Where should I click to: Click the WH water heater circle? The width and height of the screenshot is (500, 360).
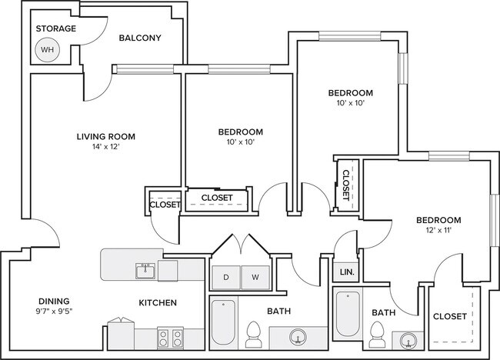(x=47, y=50)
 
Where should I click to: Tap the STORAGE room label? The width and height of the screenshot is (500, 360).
(x=56, y=28)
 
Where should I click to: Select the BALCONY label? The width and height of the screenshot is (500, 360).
(x=140, y=38)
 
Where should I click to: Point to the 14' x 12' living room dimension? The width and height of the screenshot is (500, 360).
(x=106, y=147)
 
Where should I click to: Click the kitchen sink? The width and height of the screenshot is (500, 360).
(x=145, y=271)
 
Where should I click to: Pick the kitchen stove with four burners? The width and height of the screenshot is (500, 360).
(x=170, y=338)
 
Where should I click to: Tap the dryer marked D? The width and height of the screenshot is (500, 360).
(x=225, y=278)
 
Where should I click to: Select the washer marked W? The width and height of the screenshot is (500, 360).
(x=255, y=278)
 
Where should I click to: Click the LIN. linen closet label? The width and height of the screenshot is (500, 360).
(x=347, y=272)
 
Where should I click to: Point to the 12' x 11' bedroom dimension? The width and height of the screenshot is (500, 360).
(x=438, y=230)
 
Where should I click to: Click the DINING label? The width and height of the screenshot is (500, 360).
(x=54, y=301)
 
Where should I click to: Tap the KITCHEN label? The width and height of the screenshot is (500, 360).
(x=158, y=302)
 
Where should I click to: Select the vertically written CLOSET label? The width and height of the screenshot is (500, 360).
(x=346, y=185)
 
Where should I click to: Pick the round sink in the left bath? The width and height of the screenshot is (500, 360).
(x=298, y=338)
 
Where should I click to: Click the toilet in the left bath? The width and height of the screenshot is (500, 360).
(x=254, y=335)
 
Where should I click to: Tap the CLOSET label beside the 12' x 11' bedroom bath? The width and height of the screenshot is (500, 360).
(x=450, y=316)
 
